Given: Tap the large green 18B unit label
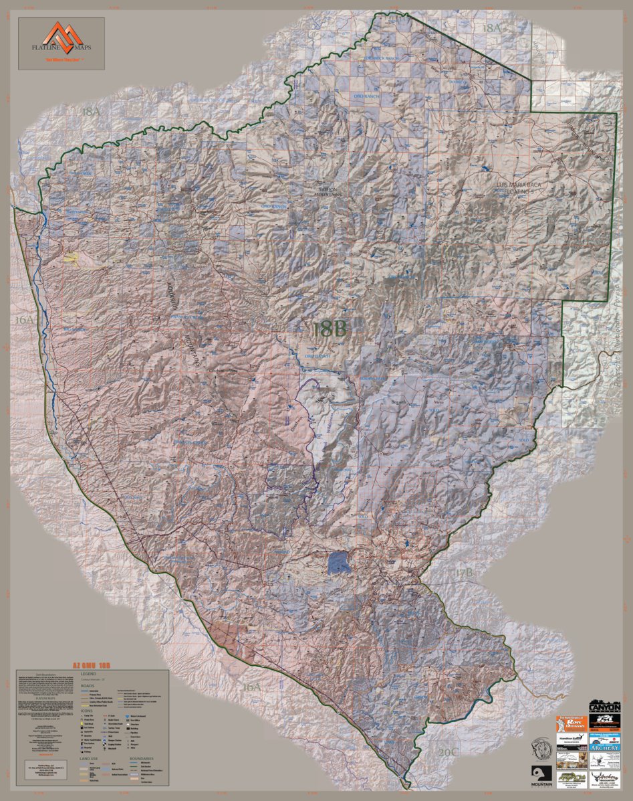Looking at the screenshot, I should click(329, 328).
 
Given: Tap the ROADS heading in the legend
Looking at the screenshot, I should click(87, 686).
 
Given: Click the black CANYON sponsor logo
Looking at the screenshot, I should click(605, 707).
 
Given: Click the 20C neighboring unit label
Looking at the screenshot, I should click(448, 752).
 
